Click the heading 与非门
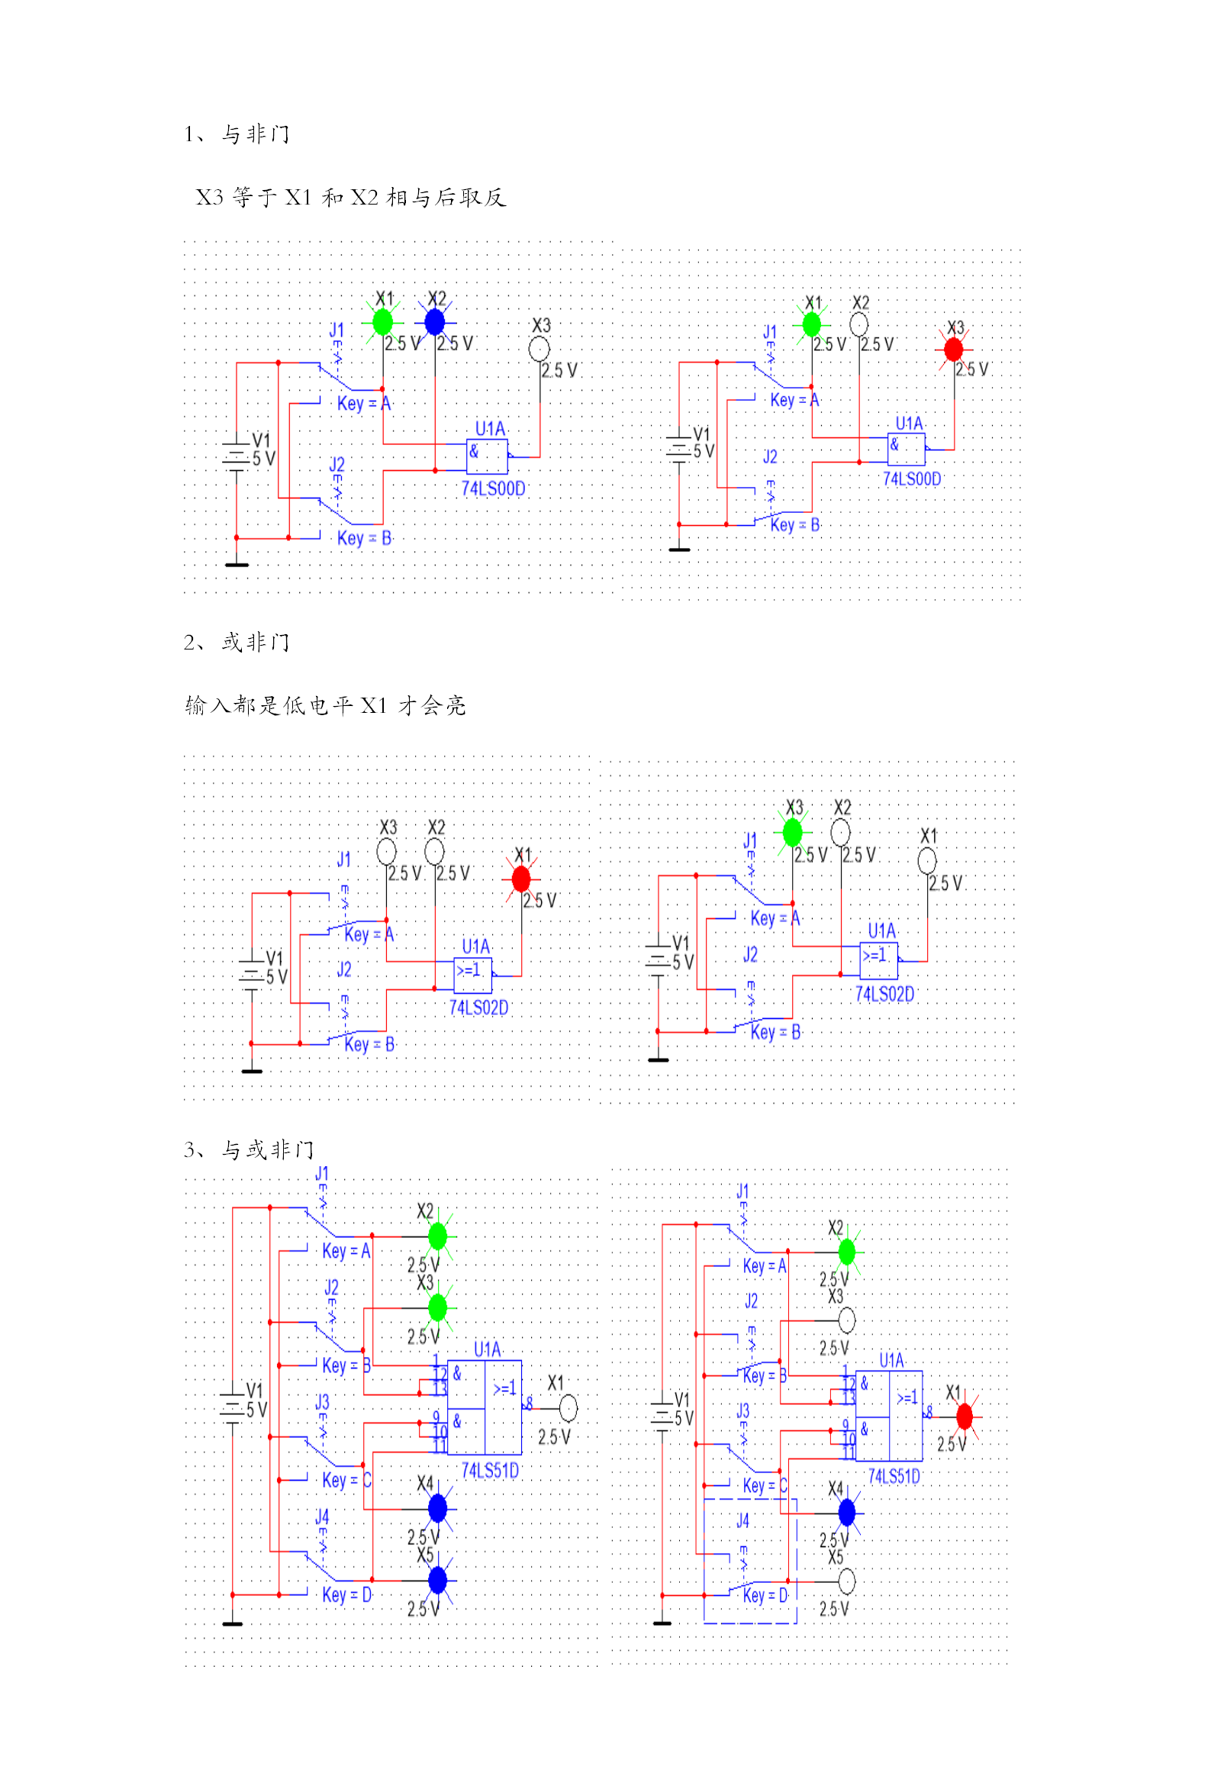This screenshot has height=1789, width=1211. tap(256, 135)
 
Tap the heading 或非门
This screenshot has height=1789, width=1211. tap(256, 643)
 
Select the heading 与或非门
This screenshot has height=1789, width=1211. tap(268, 1150)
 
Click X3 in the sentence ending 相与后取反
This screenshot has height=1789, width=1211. tap(209, 198)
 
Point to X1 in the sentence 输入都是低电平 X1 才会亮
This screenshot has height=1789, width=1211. tap(373, 706)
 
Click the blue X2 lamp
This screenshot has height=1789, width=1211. tap(435, 322)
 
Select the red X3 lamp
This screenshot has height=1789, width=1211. tap(953, 350)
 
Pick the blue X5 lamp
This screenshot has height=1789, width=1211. tap(437, 1581)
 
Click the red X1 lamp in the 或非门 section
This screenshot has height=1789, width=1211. tap(521, 878)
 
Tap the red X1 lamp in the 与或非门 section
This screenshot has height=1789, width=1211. tap(964, 1417)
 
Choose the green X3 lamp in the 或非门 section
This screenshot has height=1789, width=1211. tap(792, 832)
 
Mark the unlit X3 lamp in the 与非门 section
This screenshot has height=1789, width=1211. tap(539, 350)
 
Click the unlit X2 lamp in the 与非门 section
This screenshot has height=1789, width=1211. tap(858, 324)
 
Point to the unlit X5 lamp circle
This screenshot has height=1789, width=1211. tap(846, 1581)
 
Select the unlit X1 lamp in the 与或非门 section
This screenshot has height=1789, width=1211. tap(568, 1409)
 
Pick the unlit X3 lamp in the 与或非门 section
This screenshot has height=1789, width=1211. tap(846, 1320)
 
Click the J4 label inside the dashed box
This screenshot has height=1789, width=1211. tap(742, 1521)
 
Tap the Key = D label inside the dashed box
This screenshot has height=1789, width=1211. tap(765, 1595)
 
